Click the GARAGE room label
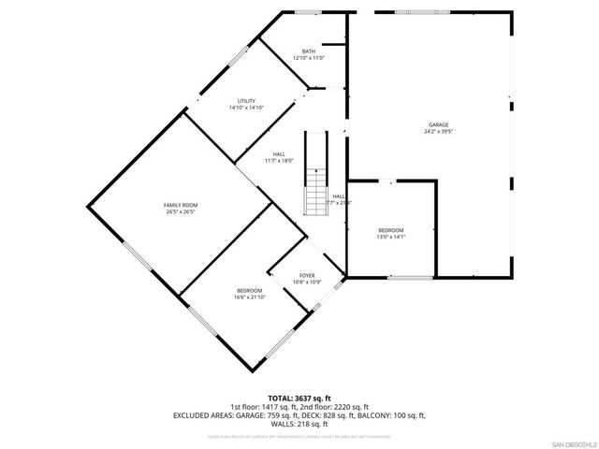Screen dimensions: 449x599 [438, 124]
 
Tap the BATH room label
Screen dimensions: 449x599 [308, 51]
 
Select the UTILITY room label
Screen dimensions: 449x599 [246, 101]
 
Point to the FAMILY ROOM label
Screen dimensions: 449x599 [181, 205]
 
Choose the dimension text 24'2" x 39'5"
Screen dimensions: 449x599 [438, 131]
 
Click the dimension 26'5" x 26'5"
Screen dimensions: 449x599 [181, 211]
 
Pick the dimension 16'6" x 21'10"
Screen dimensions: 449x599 [249, 297]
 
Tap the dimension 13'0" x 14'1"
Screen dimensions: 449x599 [390, 237]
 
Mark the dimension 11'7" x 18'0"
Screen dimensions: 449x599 [278, 161]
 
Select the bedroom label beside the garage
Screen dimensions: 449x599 [390, 230]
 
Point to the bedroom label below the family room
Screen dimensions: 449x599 [249, 291]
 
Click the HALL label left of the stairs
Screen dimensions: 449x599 [278, 154]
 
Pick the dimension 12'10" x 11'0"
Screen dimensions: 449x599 [308, 58]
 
